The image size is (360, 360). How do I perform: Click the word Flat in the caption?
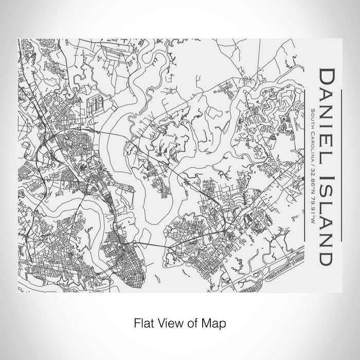tap(142, 324)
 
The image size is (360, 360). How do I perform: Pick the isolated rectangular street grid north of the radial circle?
tap(96, 106)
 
